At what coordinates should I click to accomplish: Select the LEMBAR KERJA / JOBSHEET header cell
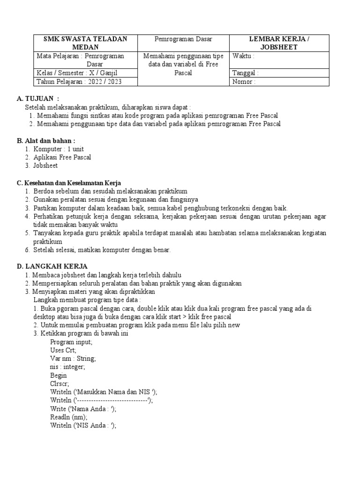pyautogui.click(x=279, y=43)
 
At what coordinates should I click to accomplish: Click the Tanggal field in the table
pyautogui.click(x=279, y=73)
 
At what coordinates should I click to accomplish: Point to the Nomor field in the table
pyautogui.click(x=279, y=82)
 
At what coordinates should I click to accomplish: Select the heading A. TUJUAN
pyautogui.click(x=38, y=98)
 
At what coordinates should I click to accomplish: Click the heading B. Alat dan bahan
pyautogui.click(x=46, y=140)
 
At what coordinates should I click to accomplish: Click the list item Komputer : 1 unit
pyautogui.click(x=59, y=149)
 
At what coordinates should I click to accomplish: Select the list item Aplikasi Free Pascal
pyautogui.click(x=62, y=157)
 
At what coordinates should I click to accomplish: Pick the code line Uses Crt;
pyautogui.click(x=63, y=350)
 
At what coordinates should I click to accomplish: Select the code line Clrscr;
pyautogui.click(x=60, y=383)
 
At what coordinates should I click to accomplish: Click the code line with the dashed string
pyautogui.click(x=101, y=400)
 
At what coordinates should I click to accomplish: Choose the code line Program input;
pyautogui.click(x=71, y=342)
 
